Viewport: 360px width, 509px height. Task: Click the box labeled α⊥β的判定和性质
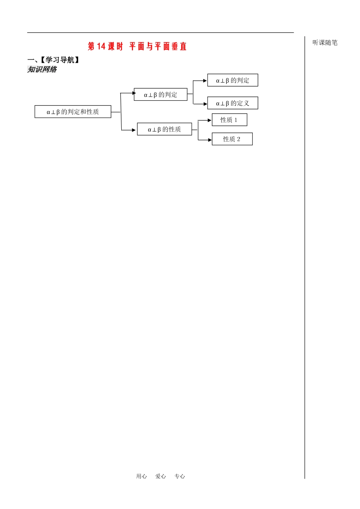click(x=73, y=112)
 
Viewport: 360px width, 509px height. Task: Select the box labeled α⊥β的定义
click(x=232, y=103)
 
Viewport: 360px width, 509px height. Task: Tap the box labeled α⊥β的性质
click(x=164, y=129)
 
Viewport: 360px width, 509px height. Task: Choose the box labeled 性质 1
click(x=230, y=120)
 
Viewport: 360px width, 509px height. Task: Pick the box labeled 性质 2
click(x=232, y=139)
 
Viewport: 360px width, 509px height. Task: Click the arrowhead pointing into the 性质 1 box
click(x=210, y=120)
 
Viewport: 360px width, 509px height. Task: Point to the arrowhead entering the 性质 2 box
click(x=210, y=140)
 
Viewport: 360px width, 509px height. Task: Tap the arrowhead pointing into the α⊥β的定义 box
click(x=205, y=104)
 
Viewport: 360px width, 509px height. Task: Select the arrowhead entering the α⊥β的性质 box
click(x=134, y=130)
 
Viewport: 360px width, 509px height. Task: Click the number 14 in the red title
click(x=101, y=46)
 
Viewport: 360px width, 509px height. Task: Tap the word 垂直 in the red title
click(x=179, y=46)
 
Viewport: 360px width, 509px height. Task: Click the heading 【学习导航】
click(x=60, y=60)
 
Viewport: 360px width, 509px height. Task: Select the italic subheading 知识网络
click(x=42, y=69)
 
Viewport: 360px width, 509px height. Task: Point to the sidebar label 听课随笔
click(x=325, y=42)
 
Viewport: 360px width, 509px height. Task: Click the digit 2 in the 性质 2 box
click(x=239, y=139)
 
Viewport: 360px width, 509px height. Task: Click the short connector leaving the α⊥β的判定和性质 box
click(x=116, y=112)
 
